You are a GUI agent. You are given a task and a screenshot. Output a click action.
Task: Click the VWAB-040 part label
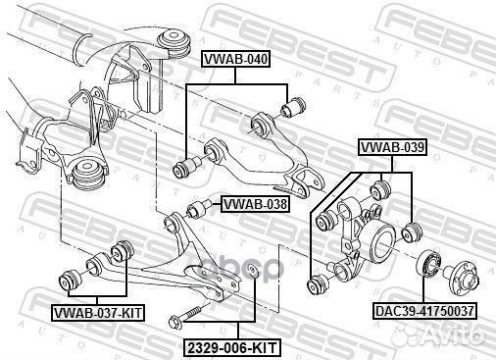click(x=234, y=60)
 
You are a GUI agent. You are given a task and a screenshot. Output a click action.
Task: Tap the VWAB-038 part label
click(x=254, y=205)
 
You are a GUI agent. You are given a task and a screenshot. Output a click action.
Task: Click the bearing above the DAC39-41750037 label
click(x=428, y=264)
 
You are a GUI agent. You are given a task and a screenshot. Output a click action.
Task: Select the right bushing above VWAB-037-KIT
click(x=123, y=251)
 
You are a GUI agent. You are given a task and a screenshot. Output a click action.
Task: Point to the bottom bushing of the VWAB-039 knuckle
click(x=316, y=283)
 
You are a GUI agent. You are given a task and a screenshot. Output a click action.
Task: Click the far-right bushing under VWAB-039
click(x=412, y=233)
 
